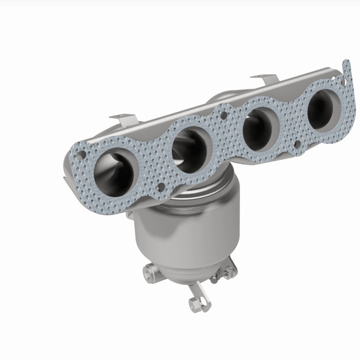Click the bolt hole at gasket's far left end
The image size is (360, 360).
80,155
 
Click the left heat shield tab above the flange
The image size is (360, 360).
125,120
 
